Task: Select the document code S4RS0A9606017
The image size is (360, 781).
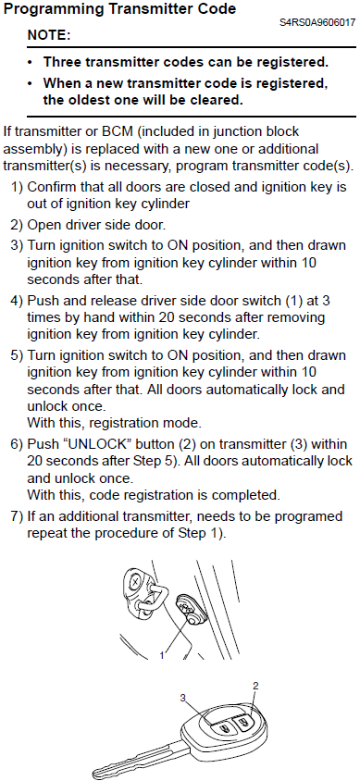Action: click(317, 22)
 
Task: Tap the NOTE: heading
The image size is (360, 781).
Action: click(49, 35)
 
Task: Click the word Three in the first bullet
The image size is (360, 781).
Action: click(61, 62)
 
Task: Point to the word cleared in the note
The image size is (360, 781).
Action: click(217, 100)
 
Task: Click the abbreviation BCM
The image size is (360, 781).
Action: click(116, 131)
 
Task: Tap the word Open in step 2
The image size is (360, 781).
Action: click(42, 225)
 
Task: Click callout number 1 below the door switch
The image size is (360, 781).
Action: click(161, 655)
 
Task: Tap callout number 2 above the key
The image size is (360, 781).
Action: click(255, 686)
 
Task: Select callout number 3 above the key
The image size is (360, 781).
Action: click(183, 699)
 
